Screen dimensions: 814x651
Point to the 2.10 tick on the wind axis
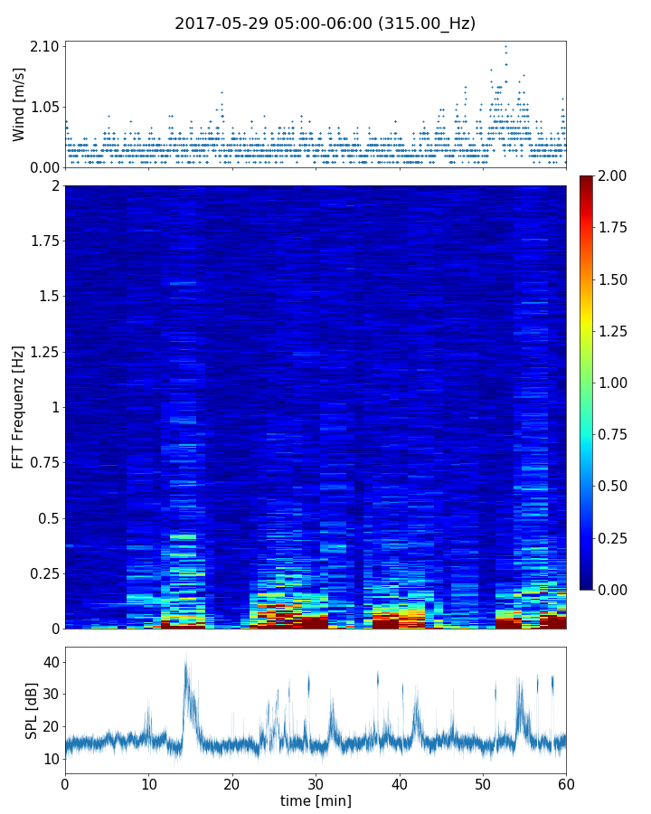(45, 46)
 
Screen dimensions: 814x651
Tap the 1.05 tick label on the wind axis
(45, 107)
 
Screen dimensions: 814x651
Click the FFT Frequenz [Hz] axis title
(19, 407)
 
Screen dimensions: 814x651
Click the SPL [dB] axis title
(32, 710)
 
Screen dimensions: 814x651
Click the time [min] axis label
(316, 800)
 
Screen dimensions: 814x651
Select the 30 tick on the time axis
(316, 782)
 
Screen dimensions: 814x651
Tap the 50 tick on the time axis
(483, 782)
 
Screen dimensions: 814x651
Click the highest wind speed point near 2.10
(505, 46)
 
